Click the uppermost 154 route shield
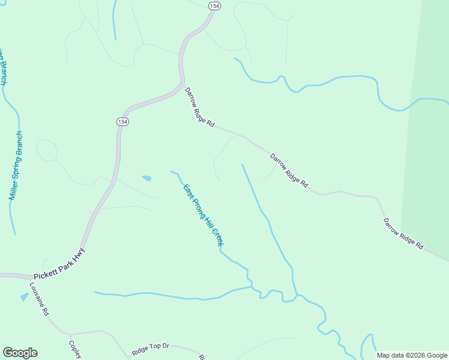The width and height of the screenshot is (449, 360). click(214, 5)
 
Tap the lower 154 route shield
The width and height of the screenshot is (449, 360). click(122, 122)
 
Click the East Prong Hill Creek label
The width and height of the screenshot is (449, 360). click(203, 215)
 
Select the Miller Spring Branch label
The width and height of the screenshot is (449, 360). click(16, 166)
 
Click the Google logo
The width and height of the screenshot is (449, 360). click(20, 353)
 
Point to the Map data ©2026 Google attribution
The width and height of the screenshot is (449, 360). click(412, 355)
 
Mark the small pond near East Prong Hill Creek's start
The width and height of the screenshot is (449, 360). click(146, 178)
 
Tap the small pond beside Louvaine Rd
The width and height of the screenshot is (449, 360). click(24, 296)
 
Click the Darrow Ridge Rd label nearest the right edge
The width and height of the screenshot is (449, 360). click(404, 233)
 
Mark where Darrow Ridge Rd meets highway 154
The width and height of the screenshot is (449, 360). click(182, 86)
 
